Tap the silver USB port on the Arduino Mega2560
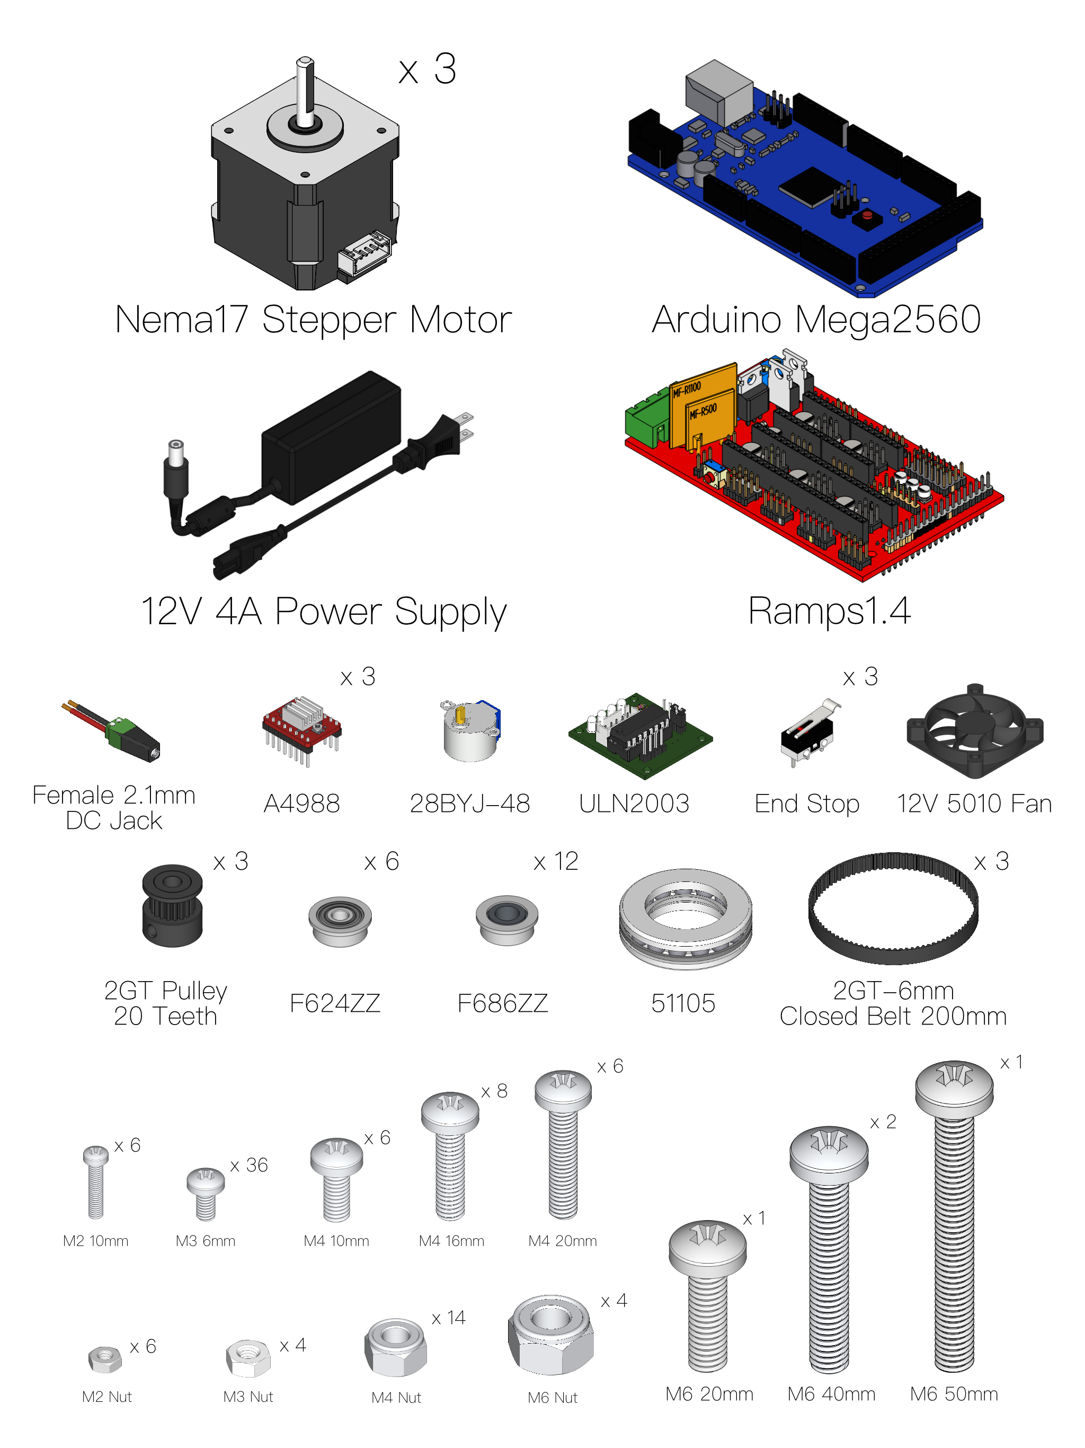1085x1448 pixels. coord(718,92)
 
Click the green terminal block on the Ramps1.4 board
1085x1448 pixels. coord(648,418)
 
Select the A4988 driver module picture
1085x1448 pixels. coord(301,729)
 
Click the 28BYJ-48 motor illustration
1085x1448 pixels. coord(470,730)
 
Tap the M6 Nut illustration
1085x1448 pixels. coord(551,1334)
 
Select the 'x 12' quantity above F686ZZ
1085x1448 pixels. coord(556,861)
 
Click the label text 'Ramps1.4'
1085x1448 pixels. coord(829,612)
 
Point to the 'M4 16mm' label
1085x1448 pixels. coord(451,1241)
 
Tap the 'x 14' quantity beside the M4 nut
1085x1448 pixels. coord(449,1318)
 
